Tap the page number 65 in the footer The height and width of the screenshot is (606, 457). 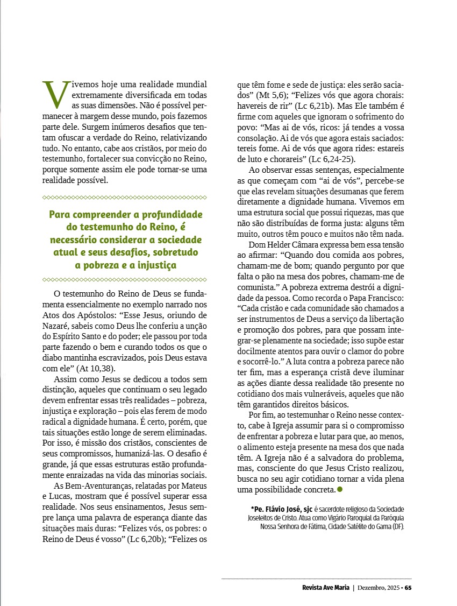tap(409, 587)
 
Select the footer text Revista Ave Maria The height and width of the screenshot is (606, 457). tap(325, 587)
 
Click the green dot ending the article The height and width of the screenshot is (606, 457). tap(340, 489)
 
